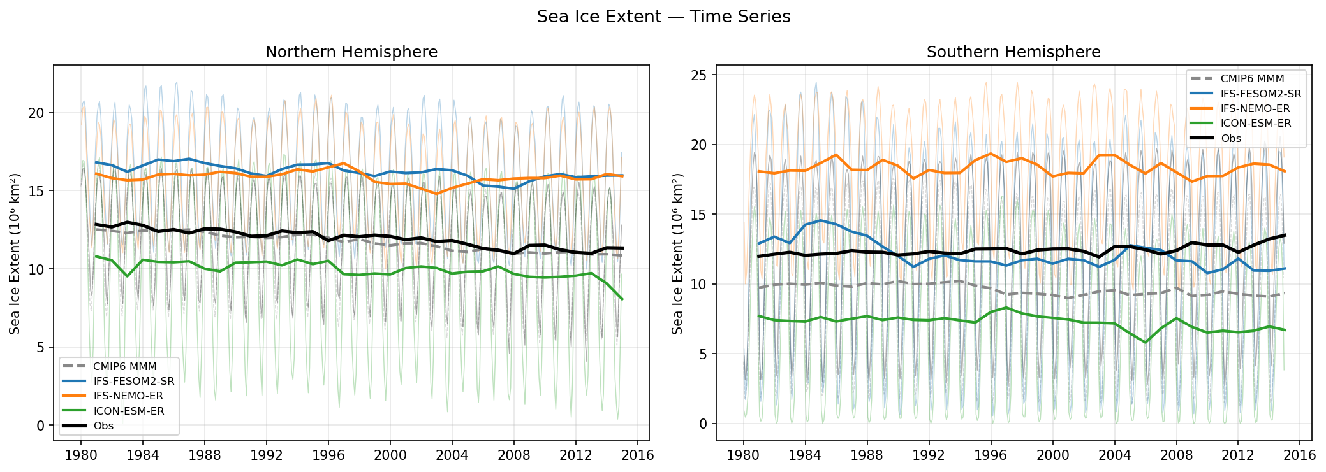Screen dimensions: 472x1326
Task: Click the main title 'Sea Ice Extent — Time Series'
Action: click(x=663, y=17)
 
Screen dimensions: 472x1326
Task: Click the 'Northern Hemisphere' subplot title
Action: click(x=351, y=52)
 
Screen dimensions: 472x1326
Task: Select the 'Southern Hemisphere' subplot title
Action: click(x=1013, y=52)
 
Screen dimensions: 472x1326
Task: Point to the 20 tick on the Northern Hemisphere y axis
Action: click(x=36, y=113)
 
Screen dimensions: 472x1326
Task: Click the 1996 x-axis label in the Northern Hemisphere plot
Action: click(x=328, y=455)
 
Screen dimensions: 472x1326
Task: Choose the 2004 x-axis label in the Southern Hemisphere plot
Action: click(x=1114, y=455)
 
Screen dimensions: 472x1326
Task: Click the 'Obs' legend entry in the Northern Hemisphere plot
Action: click(x=103, y=426)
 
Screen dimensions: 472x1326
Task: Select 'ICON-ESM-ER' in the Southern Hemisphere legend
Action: click(x=1255, y=124)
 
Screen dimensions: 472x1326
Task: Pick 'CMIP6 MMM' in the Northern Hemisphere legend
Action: click(x=124, y=366)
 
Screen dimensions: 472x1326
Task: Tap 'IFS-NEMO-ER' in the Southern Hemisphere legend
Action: click(x=1255, y=109)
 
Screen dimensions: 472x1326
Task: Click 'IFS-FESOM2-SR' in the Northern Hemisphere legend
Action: click(x=133, y=381)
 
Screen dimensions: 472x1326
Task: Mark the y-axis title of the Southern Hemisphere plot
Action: click(x=677, y=253)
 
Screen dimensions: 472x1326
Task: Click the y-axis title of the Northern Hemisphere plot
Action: click(x=15, y=253)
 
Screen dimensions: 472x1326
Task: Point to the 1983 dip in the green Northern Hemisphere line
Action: click(x=127, y=276)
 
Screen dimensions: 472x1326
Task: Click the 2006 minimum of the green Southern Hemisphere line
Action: click(x=1146, y=343)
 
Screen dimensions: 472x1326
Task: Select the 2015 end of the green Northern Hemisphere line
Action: click(x=622, y=299)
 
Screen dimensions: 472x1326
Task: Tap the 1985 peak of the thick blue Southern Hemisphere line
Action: click(x=820, y=220)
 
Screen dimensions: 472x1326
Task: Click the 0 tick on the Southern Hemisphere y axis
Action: click(x=703, y=424)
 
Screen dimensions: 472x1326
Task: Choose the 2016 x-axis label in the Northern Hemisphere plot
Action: click(x=638, y=455)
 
